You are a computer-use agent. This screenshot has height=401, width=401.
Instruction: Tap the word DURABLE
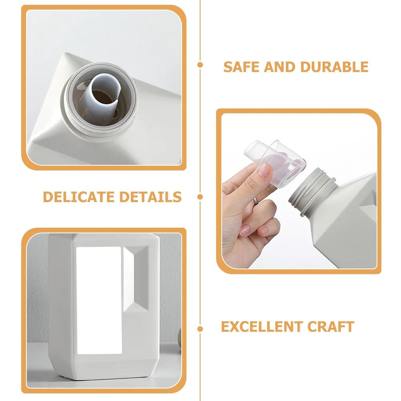point(334,67)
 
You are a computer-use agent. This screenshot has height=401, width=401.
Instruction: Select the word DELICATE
point(79,197)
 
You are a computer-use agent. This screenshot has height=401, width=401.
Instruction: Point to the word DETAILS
point(150,197)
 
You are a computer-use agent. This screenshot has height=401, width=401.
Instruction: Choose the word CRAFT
point(331,327)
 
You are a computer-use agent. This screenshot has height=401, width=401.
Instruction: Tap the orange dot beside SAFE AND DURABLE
point(200,65)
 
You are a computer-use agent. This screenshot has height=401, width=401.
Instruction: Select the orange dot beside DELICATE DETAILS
point(200,197)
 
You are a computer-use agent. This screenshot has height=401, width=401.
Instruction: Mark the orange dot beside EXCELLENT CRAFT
point(200,329)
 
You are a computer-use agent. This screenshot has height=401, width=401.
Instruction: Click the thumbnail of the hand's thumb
point(264,171)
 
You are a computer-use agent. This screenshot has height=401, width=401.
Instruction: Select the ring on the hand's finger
point(256,201)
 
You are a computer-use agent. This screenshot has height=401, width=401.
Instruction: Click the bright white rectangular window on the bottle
point(99,301)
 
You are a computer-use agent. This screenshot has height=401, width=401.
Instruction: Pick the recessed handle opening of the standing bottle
point(136,279)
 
